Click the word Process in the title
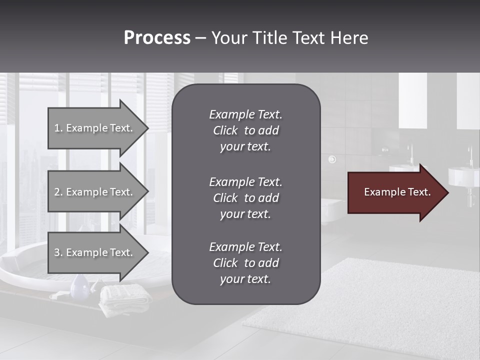point(157,38)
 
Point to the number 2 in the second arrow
point(57,192)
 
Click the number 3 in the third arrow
point(57,252)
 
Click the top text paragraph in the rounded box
point(245,130)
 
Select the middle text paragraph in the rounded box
point(245,198)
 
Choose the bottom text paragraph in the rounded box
point(245,263)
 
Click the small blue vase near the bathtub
point(79,287)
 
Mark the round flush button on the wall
point(332,159)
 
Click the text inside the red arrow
point(397,192)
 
